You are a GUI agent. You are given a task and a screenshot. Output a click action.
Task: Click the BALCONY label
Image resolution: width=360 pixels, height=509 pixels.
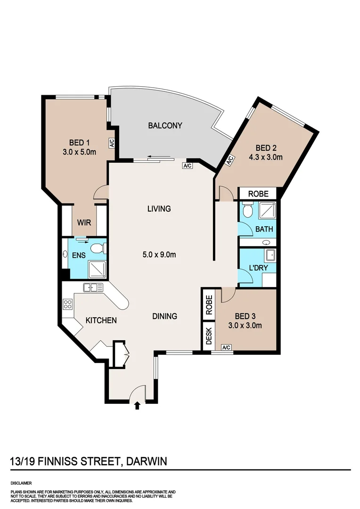click(x=165, y=126)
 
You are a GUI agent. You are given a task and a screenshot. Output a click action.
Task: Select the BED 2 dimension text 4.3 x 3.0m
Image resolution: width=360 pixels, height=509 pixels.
click(x=266, y=157)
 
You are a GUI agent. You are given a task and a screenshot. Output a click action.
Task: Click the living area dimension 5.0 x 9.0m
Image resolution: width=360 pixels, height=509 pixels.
click(x=159, y=255)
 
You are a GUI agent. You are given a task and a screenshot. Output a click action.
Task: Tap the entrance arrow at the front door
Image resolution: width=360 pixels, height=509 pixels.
click(x=137, y=405)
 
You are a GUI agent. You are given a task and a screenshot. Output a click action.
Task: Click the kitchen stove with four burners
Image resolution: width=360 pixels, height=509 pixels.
click(x=67, y=304)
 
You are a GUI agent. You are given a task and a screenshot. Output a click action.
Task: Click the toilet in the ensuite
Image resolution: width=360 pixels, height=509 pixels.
click(x=98, y=248)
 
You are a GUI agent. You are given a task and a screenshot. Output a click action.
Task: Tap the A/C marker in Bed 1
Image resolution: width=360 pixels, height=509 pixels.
click(x=112, y=142)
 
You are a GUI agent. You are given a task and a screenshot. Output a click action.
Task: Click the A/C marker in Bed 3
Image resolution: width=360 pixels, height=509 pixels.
click(x=226, y=348)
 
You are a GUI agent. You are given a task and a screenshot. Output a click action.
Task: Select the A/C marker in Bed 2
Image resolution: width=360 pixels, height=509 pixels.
click(x=230, y=161)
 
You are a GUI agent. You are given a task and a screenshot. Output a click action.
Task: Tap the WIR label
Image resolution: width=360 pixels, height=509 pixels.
click(x=84, y=222)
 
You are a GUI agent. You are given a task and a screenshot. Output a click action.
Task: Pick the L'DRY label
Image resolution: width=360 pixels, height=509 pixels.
click(x=258, y=268)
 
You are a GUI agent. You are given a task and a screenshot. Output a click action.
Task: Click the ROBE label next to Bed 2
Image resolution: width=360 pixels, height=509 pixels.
click(x=258, y=194)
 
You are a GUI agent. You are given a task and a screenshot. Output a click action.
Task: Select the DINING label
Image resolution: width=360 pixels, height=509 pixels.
click(x=164, y=316)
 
